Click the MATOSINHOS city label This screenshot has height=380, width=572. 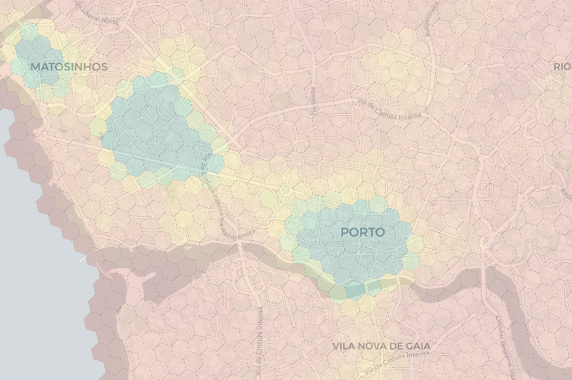(x=69, y=67)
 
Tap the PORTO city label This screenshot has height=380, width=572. (x=363, y=232)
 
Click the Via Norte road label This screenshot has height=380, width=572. (x=314, y=101)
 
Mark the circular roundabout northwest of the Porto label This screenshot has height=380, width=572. (x=286, y=191)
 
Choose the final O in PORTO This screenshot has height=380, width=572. (x=380, y=232)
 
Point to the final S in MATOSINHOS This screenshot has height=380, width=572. (x=104, y=67)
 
